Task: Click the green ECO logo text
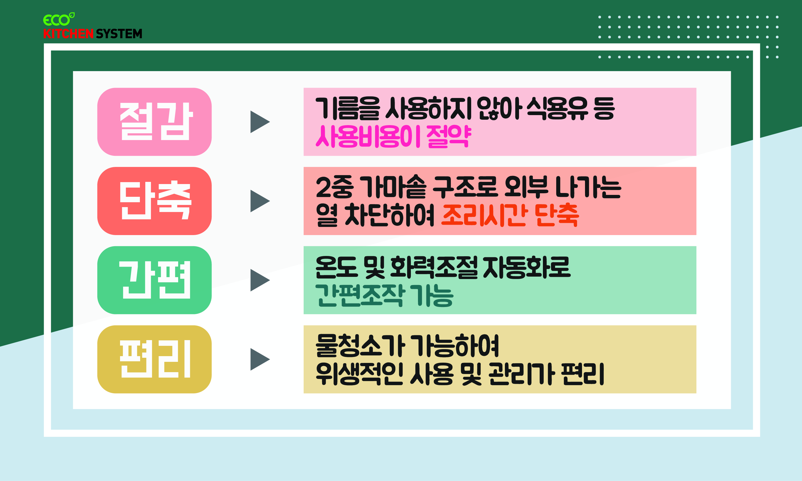tap(57, 20)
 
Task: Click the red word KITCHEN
tap(68, 34)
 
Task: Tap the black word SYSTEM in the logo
tap(119, 34)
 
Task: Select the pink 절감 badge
tap(154, 122)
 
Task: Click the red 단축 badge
tap(154, 201)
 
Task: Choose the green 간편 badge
tap(154, 280)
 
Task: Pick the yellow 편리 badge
tap(154, 359)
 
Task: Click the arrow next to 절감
tap(259, 122)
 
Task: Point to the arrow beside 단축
tap(259, 201)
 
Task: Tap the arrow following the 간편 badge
tap(259, 280)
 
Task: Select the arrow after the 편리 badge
tap(259, 359)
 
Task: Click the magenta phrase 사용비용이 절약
tap(393, 137)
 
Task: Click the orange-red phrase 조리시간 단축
tap(510, 215)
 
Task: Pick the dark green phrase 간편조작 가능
tap(384, 295)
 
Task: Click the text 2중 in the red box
tap(334, 187)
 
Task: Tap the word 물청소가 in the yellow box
tap(360, 346)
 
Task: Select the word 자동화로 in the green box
tap(527, 267)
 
